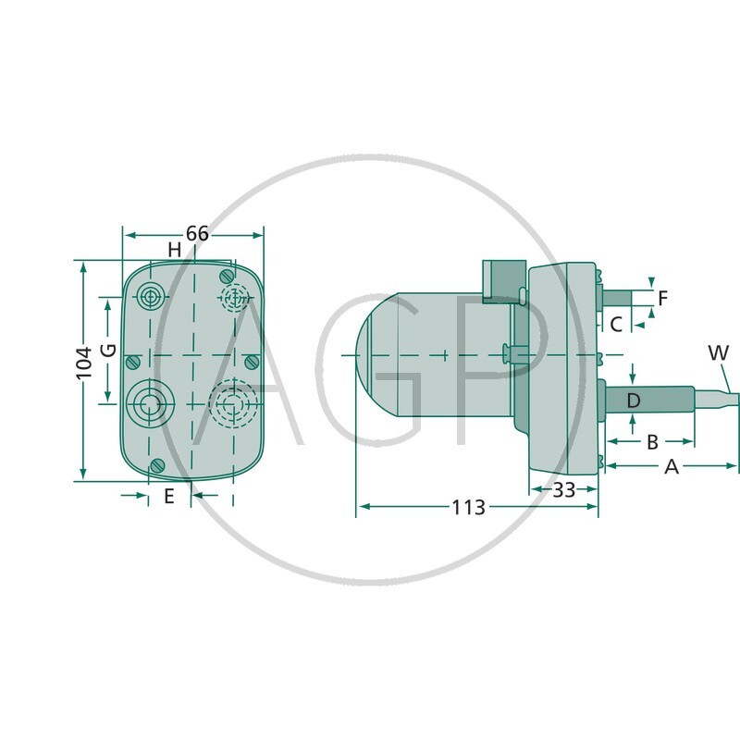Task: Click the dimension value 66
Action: coord(197,233)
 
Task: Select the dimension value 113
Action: coord(468,507)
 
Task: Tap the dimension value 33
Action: coord(563,489)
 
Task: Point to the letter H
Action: coord(174,250)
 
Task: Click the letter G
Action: coord(107,351)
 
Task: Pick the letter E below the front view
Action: coord(168,497)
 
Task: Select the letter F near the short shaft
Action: coord(662,298)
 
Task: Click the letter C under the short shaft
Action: coord(615,324)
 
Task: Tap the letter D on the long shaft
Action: coord(633,401)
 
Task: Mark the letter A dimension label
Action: coord(672,467)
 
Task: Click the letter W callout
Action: coord(718,352)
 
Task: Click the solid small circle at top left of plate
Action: coord(149,297)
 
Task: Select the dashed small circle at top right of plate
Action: coord(234,297)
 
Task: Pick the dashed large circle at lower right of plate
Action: coord(232,403)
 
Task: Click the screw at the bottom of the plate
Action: coord(157,463)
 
